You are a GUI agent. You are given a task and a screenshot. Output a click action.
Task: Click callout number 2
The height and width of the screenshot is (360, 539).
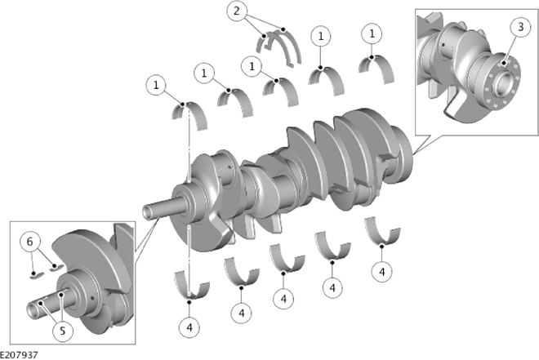[237, 11]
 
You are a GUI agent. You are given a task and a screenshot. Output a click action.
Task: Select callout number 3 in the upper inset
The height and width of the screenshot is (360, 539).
[520, 27]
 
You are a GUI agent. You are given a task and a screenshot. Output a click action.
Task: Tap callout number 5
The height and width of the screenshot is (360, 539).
[62, 331]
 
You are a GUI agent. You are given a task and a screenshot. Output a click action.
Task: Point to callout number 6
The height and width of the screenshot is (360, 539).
[30, 242]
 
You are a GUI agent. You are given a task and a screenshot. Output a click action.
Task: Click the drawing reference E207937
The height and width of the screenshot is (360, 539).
[19, 355]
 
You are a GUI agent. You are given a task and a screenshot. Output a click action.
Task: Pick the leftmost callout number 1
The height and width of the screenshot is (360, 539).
[156, 85]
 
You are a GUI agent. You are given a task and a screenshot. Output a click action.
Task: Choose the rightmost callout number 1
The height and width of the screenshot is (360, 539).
[372, 33]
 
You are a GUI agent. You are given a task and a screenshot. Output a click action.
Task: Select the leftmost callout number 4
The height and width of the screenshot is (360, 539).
[189, 327]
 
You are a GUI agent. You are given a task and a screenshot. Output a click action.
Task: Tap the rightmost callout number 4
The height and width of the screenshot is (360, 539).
[382, 272]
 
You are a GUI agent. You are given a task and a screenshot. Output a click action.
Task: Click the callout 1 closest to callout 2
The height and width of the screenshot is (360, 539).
[252, 66]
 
